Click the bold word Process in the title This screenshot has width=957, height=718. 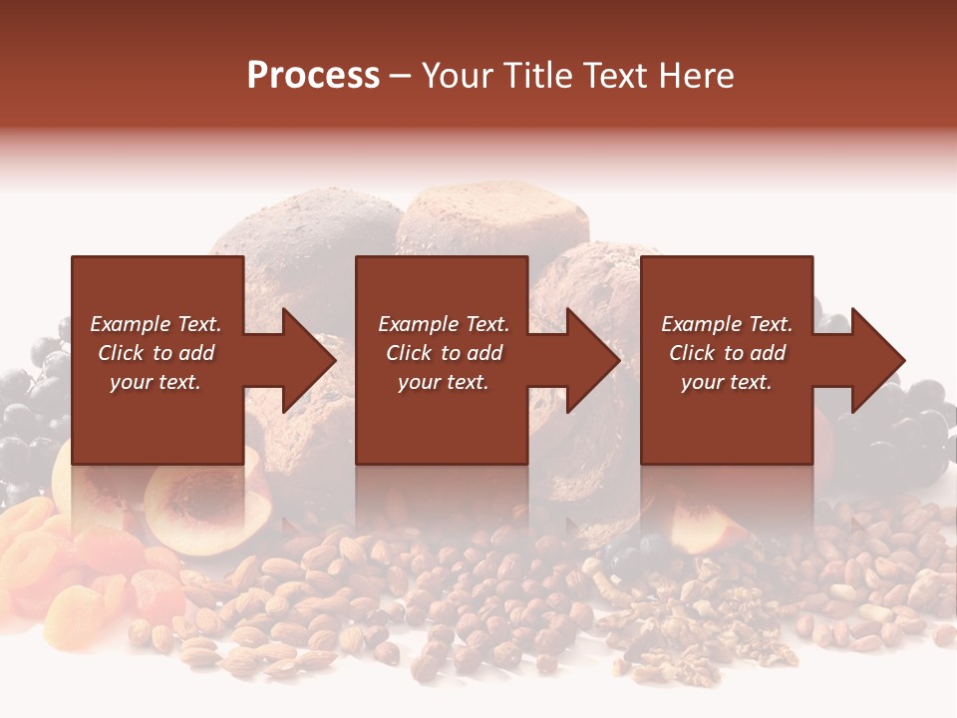[313, 76]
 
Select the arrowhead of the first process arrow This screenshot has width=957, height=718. [310, 360]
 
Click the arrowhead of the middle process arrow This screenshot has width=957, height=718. [594, 360]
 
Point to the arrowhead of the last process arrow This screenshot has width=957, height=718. [878, 360]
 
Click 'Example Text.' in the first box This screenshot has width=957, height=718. [156, 324]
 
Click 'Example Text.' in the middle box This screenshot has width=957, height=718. [444, 324]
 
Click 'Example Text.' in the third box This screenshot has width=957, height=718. [727, 324]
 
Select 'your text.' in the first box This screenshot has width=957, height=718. [156, 382]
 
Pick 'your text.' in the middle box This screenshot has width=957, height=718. [444, 382]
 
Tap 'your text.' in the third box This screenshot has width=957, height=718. [727, 382]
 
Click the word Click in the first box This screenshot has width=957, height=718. [121, 353]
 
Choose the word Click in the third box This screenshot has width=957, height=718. [692, 353]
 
